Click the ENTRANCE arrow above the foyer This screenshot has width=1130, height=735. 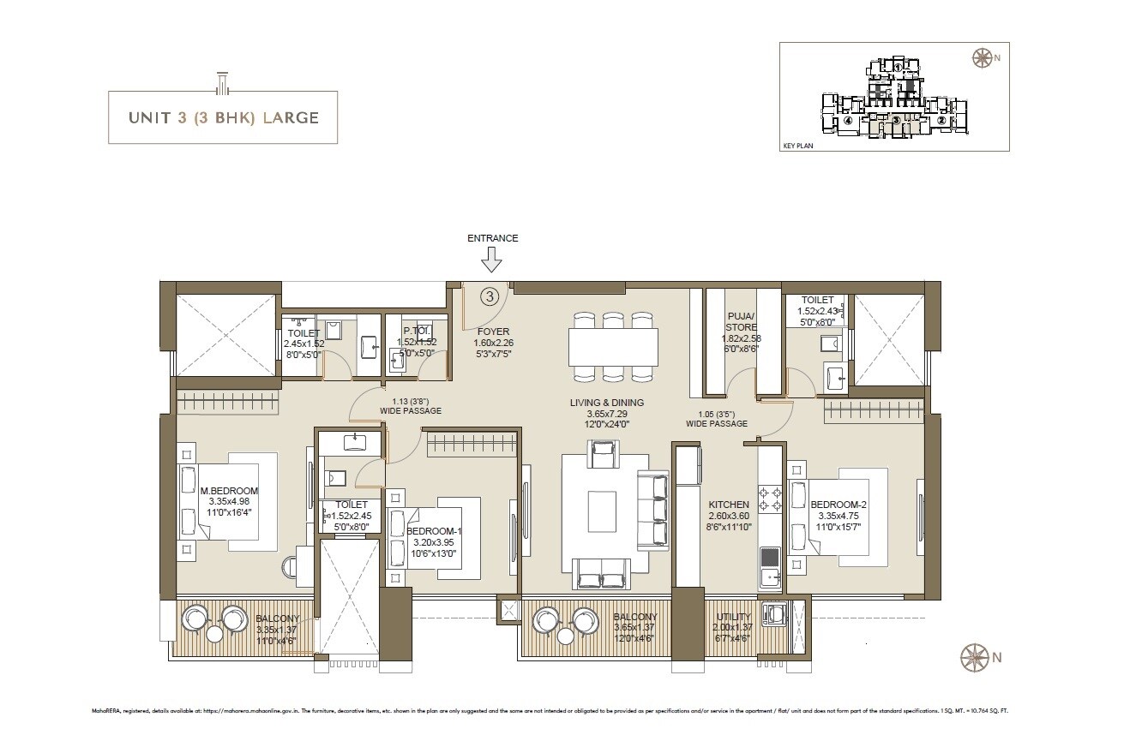click(491, 260)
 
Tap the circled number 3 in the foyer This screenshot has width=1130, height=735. click(489, 296)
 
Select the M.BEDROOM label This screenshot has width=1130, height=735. click(229, 491)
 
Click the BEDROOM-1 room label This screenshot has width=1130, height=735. click(434, 531)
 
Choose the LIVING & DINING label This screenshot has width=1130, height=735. click(607, 403)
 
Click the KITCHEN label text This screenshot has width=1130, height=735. click(729, 505)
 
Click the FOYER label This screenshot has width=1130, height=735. click(493, 332)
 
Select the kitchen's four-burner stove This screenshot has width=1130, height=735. click(769, 499)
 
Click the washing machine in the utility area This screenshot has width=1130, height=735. click(776, 614)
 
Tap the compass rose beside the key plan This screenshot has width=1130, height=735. click(981, 58)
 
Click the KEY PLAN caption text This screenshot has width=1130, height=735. click(797, 146)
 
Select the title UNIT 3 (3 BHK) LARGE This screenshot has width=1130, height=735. click(223, 117)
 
